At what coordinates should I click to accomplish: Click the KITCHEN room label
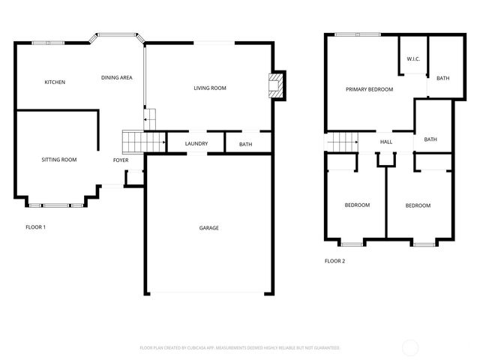(55, 82)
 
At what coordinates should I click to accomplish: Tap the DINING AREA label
(117, 77)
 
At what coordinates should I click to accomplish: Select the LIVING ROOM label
(210, 88)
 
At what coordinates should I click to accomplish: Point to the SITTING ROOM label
(58, 159)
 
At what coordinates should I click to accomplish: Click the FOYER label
(121, 160)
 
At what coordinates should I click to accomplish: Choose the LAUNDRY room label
(196, 144)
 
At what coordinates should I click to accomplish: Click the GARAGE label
(209, 227)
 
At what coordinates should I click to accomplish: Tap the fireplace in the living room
(277, 85)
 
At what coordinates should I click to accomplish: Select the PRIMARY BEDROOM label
(369, 89)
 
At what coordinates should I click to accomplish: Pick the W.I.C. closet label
(413, 58)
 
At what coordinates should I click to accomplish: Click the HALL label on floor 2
(386, 142)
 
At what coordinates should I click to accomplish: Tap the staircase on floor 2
(342, 141)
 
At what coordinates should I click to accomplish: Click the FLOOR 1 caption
(36, 226)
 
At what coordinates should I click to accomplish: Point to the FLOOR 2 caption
(334, 261)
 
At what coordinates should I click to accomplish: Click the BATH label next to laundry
(245, 144)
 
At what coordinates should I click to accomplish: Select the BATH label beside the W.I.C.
(443, 78)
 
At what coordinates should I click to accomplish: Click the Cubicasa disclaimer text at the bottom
(240, 347)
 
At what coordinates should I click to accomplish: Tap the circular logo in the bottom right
(411, 347)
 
